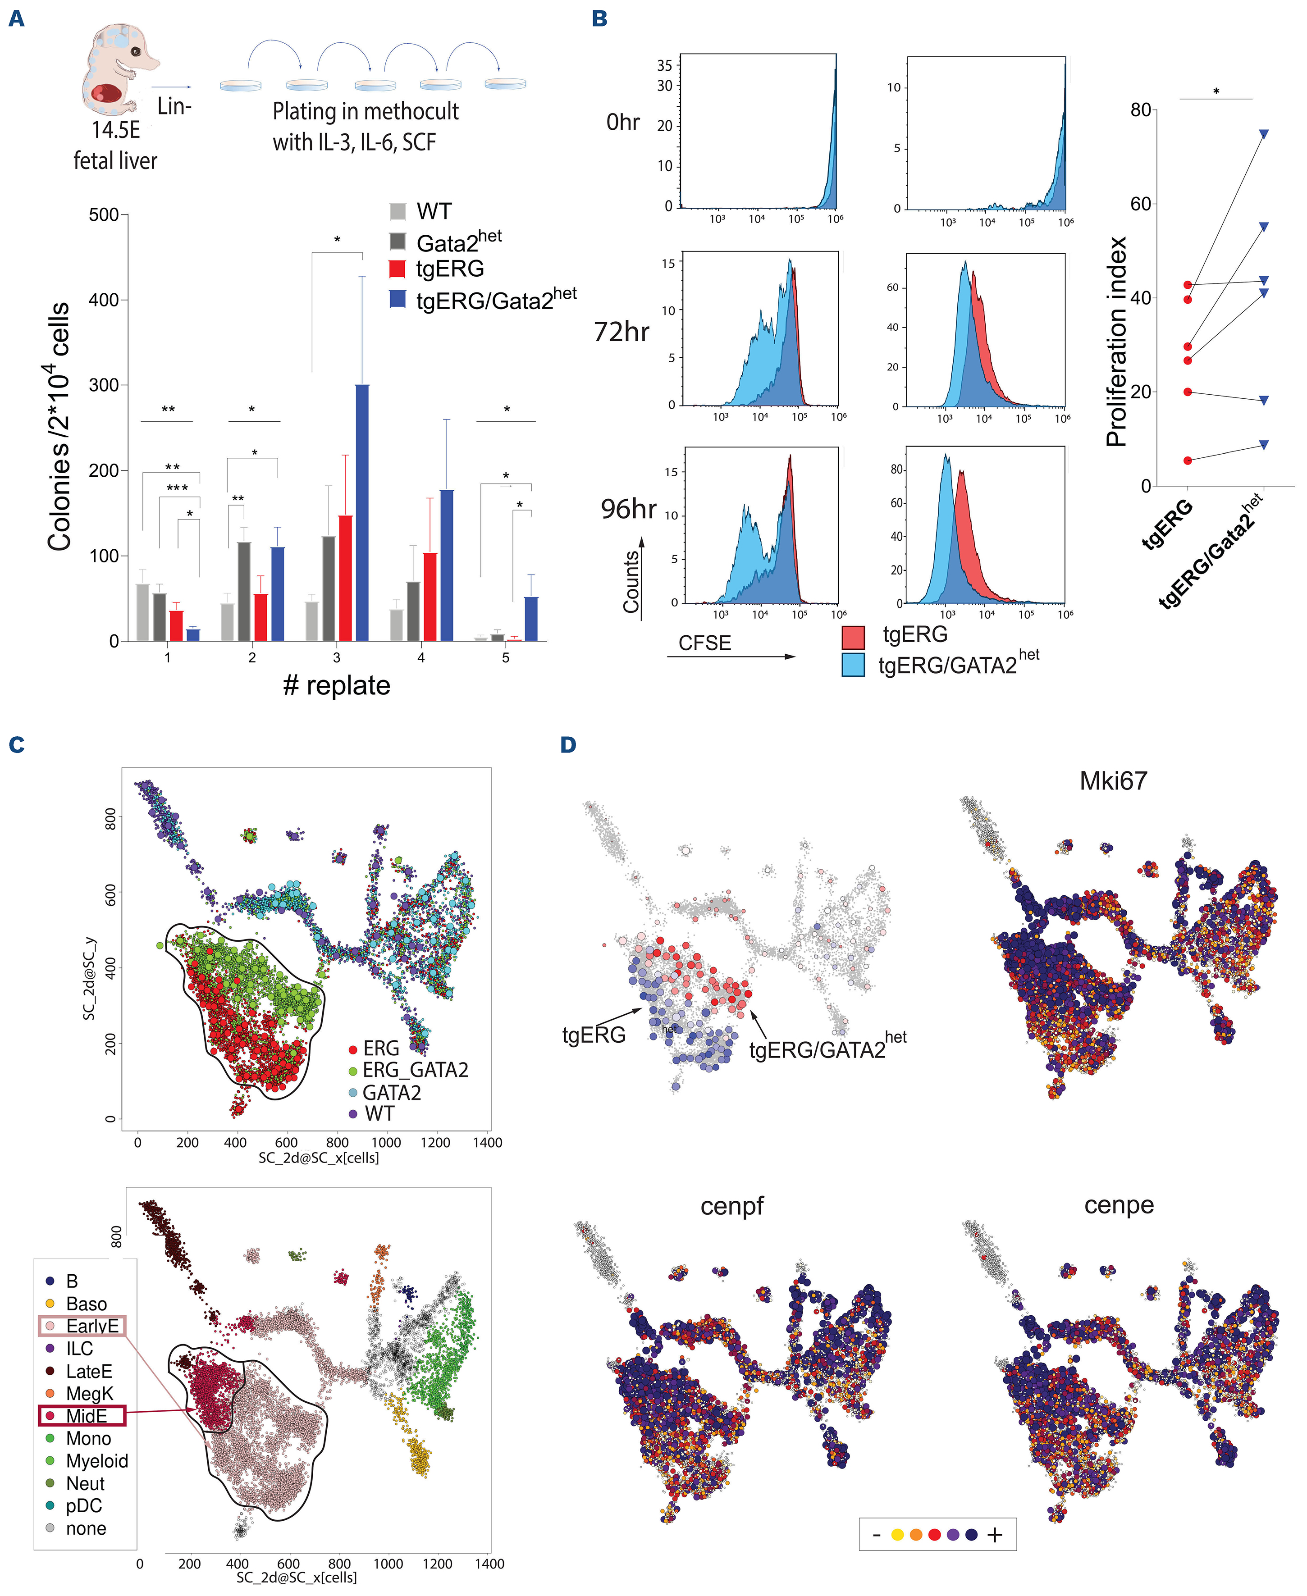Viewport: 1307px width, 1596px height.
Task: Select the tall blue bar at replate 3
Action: (362, 512)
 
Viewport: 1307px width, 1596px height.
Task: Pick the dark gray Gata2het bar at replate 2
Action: (244, 591)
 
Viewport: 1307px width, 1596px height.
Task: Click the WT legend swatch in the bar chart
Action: (398, 211)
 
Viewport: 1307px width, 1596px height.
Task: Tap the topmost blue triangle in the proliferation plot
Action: (1263, 134)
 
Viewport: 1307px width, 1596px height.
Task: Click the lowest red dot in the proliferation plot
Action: (1188, 461)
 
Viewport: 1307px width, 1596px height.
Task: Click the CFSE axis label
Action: (705, 643)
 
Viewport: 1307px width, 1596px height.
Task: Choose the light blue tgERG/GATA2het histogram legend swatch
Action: (853, 665)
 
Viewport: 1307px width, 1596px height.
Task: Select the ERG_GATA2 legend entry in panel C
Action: (414, 1070)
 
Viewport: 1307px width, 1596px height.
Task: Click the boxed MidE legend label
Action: (85, 1416)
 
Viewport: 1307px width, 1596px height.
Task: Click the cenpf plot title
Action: (732, 1206)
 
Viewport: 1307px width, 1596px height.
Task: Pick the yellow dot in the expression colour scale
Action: (897, 1534)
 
